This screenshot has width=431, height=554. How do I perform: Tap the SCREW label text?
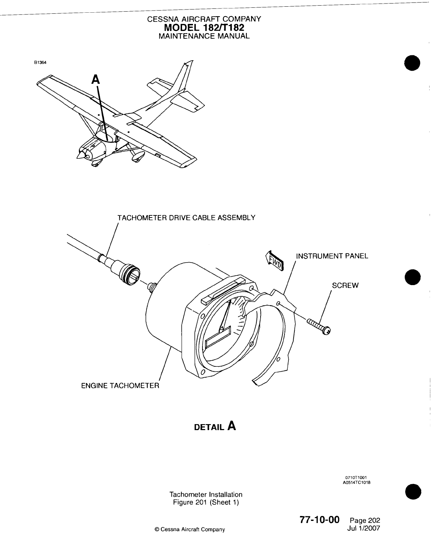pyautogui.click(x=345, y=285)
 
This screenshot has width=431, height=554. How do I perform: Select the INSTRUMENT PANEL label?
pyautogui.click(x=332, y=256)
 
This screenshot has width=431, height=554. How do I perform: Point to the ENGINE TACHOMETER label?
pyautogui.click(x=120, y=386)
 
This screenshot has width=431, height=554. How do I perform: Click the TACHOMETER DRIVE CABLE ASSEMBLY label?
pyautogui.click(x=186, y=218)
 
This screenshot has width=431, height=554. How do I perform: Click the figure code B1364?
pyautogui.click(x=40, y=63)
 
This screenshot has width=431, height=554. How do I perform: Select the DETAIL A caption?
pyautogui.click(x=215, y=427)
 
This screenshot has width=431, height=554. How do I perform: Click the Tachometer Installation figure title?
pyautogui.click(x=206, y=495)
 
